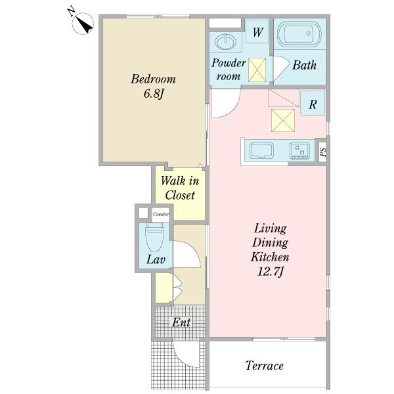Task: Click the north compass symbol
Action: [x=83, y=24]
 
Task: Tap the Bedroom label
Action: [x=153, y=79]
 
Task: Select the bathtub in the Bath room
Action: [x=299, y=33]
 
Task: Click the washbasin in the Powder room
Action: [x=226, y=42]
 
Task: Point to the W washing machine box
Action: [x=257, y=32]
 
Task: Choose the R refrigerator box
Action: [x=313, y=103]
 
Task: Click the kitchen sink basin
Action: [x=261, y=150]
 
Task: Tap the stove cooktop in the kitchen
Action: [x=299, y=151]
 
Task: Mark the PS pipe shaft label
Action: [x=323, y=152]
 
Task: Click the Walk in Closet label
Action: [x=180, y=188]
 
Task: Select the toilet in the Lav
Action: [x=154, y=237]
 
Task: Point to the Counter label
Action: [x=161, y=214]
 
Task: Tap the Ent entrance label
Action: [x=181, y=322]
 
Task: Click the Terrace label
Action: [x=265, y=366]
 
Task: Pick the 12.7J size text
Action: [x=271, y=272]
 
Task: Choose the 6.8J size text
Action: [x=154, y=94]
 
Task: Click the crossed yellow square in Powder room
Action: [x=257, y=70]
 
